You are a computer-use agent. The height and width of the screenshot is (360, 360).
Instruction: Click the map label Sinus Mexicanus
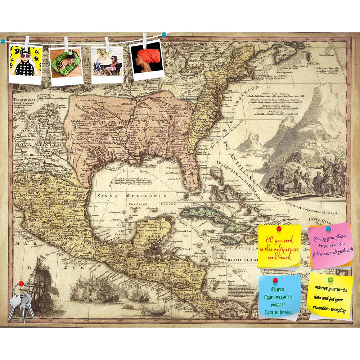pyautogui.click(x=131, y=195)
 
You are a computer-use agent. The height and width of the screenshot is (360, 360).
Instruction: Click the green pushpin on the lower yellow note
pyautogui.click(x=330, y=279)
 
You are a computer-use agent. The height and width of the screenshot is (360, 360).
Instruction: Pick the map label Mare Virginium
pyautogui.click(x=230, y=108)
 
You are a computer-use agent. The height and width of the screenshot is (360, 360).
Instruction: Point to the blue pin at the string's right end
pyautogui.click(x=164, y=35)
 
